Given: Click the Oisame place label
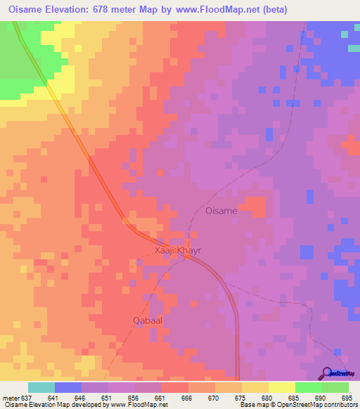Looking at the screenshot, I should (x=220, y=210).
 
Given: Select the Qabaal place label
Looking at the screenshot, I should (x=148, y=320).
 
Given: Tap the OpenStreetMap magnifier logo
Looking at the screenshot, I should (x=328, y=373).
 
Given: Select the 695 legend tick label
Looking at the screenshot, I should (x=348, y=398).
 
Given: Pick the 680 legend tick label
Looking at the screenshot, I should (x=268, y=398).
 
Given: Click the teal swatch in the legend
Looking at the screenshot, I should (x=41, y=387).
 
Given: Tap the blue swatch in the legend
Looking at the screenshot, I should (x=68, y=387).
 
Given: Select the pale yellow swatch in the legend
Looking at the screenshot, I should (x=281, y=387).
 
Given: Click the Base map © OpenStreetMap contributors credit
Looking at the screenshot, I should (x=298, y=405).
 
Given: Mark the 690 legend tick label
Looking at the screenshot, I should (x=321, y=398).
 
